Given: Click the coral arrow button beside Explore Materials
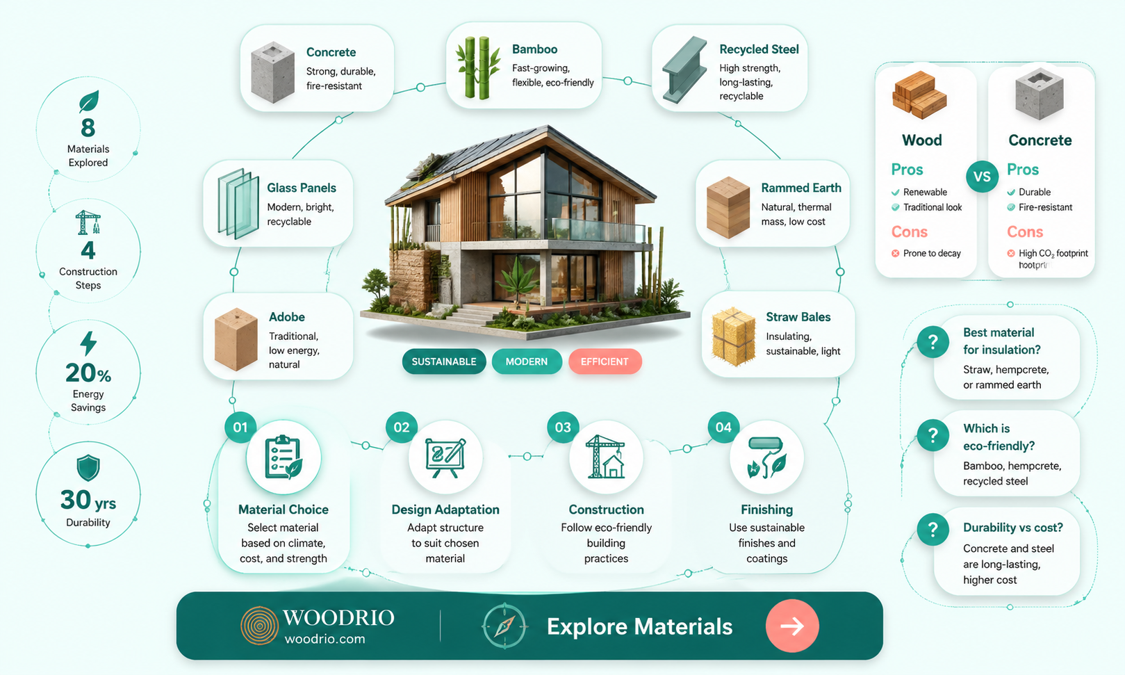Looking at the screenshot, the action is pos(792,626).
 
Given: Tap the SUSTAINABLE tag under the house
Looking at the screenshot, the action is pos(444,361).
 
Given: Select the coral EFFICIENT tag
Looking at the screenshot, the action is pos(605,361).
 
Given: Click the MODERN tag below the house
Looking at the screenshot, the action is pos(527,361).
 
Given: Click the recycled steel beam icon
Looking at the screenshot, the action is pos(684,70).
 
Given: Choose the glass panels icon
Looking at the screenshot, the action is pos(238,203).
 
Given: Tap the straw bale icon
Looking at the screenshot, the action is pos(734,336).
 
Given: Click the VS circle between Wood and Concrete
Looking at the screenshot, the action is pos(982,177).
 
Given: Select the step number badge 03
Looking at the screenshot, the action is pos(563,428).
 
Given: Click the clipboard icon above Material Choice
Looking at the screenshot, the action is pos(284,457).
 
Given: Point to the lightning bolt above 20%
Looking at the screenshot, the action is pos(88,343).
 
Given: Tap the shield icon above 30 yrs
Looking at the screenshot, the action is pos(88,468).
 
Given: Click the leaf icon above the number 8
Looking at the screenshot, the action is pos(89,101).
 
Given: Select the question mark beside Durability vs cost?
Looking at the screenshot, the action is pos(933,529).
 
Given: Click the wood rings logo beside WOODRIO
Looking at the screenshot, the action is pos(259,626).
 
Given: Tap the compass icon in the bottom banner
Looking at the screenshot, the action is pos(504,626).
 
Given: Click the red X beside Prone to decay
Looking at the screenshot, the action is pos(895,253).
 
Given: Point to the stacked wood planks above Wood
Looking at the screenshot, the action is pos(919,95).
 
